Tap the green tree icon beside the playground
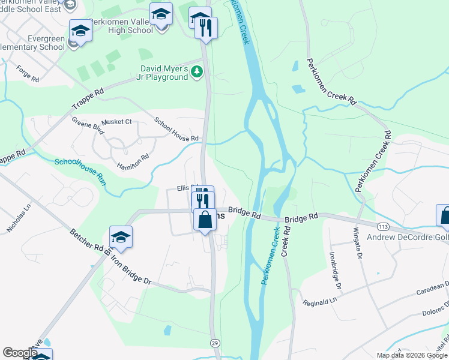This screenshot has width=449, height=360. coord(197,72)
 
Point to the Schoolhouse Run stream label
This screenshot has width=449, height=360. coord(80,170)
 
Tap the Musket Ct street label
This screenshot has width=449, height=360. coord(116,122)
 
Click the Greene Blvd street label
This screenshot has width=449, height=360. coord(88,127)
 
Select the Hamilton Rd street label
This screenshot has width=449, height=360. coord(133,160)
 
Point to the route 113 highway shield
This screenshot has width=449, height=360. coord(382,226)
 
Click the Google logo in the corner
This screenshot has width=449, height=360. coord(20,353)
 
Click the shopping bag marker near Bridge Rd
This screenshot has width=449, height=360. coord(205,220)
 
